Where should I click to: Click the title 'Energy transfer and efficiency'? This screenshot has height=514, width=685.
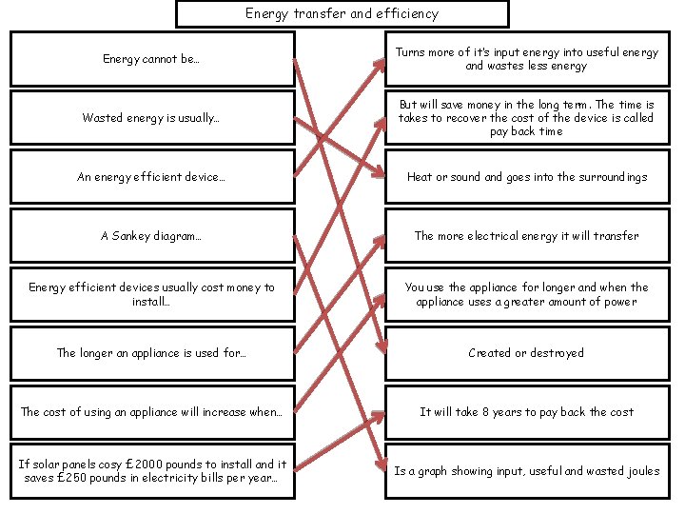[x=342, y=13]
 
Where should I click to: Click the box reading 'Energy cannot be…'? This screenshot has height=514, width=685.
[x=152, y=59]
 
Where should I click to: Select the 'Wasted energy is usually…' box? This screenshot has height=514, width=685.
[x=152, y=118]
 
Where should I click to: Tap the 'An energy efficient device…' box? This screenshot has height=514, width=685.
[x=152, y=177]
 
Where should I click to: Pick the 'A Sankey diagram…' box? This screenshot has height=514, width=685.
[x=152, y=236]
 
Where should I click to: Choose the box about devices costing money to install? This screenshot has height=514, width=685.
[x=152, y=294]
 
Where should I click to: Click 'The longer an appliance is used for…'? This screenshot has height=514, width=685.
[x=152, y=353]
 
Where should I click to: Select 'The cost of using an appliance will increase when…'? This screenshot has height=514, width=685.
[x=152, y=412]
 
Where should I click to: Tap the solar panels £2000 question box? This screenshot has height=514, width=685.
[x=152, y=470]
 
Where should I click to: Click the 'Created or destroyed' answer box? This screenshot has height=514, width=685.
[x=526, y=353]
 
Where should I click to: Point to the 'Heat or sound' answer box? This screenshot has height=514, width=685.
[x=526, y=177]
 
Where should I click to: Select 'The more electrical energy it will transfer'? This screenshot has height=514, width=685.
[x=526, y=236]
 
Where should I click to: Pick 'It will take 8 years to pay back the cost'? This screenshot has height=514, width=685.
[x=526, y=412]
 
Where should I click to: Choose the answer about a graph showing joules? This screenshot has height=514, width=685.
[x=526, y=470]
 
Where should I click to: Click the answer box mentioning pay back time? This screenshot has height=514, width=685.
[x=526, y=118]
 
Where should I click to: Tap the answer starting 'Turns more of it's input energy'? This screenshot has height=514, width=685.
[x=526, y=59]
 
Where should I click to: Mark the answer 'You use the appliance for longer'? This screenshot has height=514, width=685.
[x=526, y=294]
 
